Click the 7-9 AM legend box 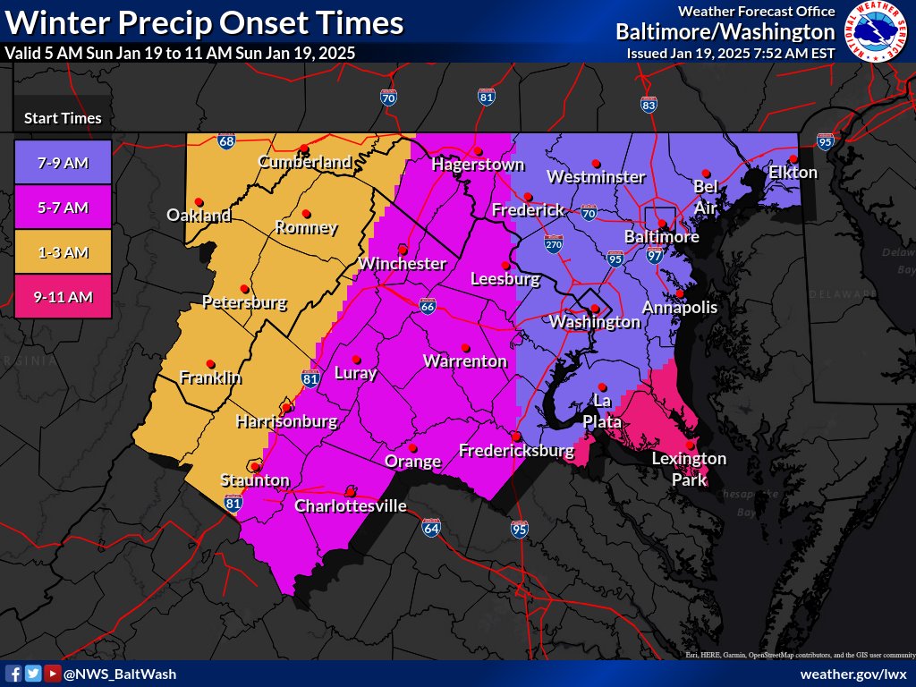pyautogui.click(x=63, y=163)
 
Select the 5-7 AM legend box pyautogui.click(x=63, y=208)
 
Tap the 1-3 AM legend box pyautogui.click(x=63, y=252)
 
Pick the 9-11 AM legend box pyautogui.click(x=63, y=297)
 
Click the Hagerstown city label pyautogui.click(x=477, y=165)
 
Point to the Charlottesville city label pyautogui.click(x=351, y=506)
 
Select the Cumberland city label pyautogui.click(x=304, y=162)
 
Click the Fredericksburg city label pyautogui.click(x=516, y=451)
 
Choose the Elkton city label pyautogui.click(x=793, y=172)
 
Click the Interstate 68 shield pyautogui.click(x=226, y=141)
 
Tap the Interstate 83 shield pyautogui.click(x=649, y=105)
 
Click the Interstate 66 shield pyautogui.click(x=428, y=307)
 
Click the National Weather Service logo pyautogui.click(x=875, y=31)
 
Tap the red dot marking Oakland pyautogui.click(x=198, y=201)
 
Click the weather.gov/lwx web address pyautogui.click(x=853, y=674)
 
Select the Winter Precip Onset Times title pyautogui.click(x=204, y=22)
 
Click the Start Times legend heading pyautogui.click(x=63, y=118)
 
